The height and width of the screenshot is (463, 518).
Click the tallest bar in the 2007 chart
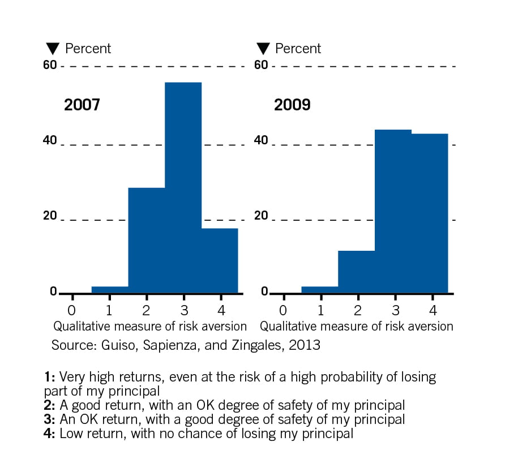(183, 187)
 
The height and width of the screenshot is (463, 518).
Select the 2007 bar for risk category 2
(146, 240)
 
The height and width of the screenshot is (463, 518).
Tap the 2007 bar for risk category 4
(220, 260)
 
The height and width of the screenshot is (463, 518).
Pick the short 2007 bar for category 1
(110, 290)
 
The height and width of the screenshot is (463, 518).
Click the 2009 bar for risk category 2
(356, 272)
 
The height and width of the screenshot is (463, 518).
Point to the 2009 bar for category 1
(319, 290)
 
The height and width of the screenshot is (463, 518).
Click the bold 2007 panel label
(82, 105)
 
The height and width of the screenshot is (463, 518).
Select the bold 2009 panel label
(292, 105)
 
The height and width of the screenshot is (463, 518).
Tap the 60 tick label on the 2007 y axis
(50, 65)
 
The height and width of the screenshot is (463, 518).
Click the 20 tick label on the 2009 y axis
(260, 216)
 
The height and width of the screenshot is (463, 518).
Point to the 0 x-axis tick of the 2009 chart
(283, 311)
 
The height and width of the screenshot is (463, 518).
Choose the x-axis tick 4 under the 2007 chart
(221, 311)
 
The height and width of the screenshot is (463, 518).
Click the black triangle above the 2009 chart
(263, 49)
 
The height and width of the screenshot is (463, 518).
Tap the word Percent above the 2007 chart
(88, 49)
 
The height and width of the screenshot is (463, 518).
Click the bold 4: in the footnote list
(50, 434)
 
